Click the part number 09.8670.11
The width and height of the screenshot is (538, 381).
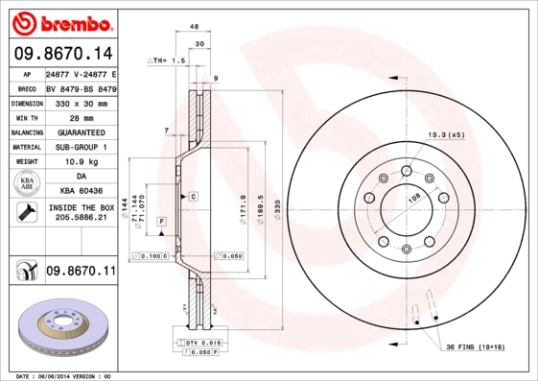click(80, 272)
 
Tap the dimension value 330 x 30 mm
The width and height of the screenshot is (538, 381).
click(80, 103)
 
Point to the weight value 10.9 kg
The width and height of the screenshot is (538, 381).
click(80, 162)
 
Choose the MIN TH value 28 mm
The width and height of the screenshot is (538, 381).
click(80, 117)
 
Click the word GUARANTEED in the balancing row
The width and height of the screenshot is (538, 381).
click(80, 132)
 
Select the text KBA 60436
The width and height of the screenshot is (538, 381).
click(80, 191)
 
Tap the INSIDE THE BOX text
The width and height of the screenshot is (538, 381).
click(80, 207)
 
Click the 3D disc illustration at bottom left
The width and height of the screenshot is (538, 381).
click(59, 332)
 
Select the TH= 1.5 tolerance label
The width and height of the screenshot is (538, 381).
click(167, 60)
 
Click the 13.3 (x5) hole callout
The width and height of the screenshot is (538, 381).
click(446, 134)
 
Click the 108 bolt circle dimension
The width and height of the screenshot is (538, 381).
click(415, 198)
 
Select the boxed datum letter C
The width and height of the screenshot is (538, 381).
click(193, 196)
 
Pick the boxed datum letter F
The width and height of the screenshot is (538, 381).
click(161, 222)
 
